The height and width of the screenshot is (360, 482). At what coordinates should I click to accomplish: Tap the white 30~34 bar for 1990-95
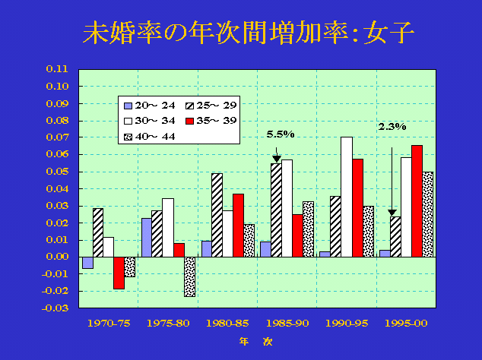click(347, 197)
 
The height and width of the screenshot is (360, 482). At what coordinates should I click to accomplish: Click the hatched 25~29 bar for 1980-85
click(217, 215)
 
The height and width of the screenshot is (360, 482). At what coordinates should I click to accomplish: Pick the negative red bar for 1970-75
click(119, 273)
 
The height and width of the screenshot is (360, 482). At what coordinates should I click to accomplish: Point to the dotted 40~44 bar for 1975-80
click(189, 276)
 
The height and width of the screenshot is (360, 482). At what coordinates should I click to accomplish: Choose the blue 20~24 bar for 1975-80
click(147, 237)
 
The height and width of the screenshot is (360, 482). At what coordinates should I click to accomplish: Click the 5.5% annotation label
click(279, 134)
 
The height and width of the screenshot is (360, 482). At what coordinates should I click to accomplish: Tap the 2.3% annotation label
click(392, 127)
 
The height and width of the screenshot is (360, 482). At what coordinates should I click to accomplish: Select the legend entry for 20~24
click(147, 105)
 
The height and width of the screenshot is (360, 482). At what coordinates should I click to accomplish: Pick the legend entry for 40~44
click(147, 137)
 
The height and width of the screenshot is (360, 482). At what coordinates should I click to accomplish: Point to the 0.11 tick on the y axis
click(58, 68)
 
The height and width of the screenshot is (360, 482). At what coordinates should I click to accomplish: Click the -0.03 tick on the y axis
click(57, 308)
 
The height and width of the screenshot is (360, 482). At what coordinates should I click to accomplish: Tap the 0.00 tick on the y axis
click(58, 257)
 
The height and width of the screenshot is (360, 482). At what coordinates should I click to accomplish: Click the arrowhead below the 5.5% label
click(276, 159)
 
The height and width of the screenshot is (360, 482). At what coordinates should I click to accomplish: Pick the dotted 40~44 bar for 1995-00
click(428, 214)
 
